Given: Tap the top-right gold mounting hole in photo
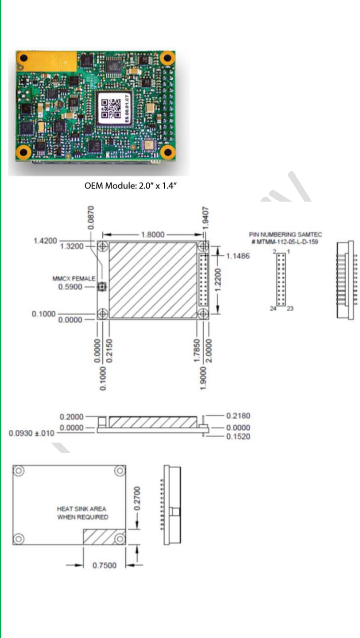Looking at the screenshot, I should pyautogui.click(x=167, y=58).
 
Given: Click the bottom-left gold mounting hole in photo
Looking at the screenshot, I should pyautogui.click(x=23, y=153).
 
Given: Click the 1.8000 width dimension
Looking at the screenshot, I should pyautogui.click(x=154, y=235).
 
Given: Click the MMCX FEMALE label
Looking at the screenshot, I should pyautogui.click(x=74, y=279).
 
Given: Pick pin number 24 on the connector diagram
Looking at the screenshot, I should pyautogui.click(x=273, y=308).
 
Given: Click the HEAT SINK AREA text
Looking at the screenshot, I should pyautogui.click(x=81, y=509).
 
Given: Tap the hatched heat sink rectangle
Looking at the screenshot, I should pyautogui.click(x=105, y=537).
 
